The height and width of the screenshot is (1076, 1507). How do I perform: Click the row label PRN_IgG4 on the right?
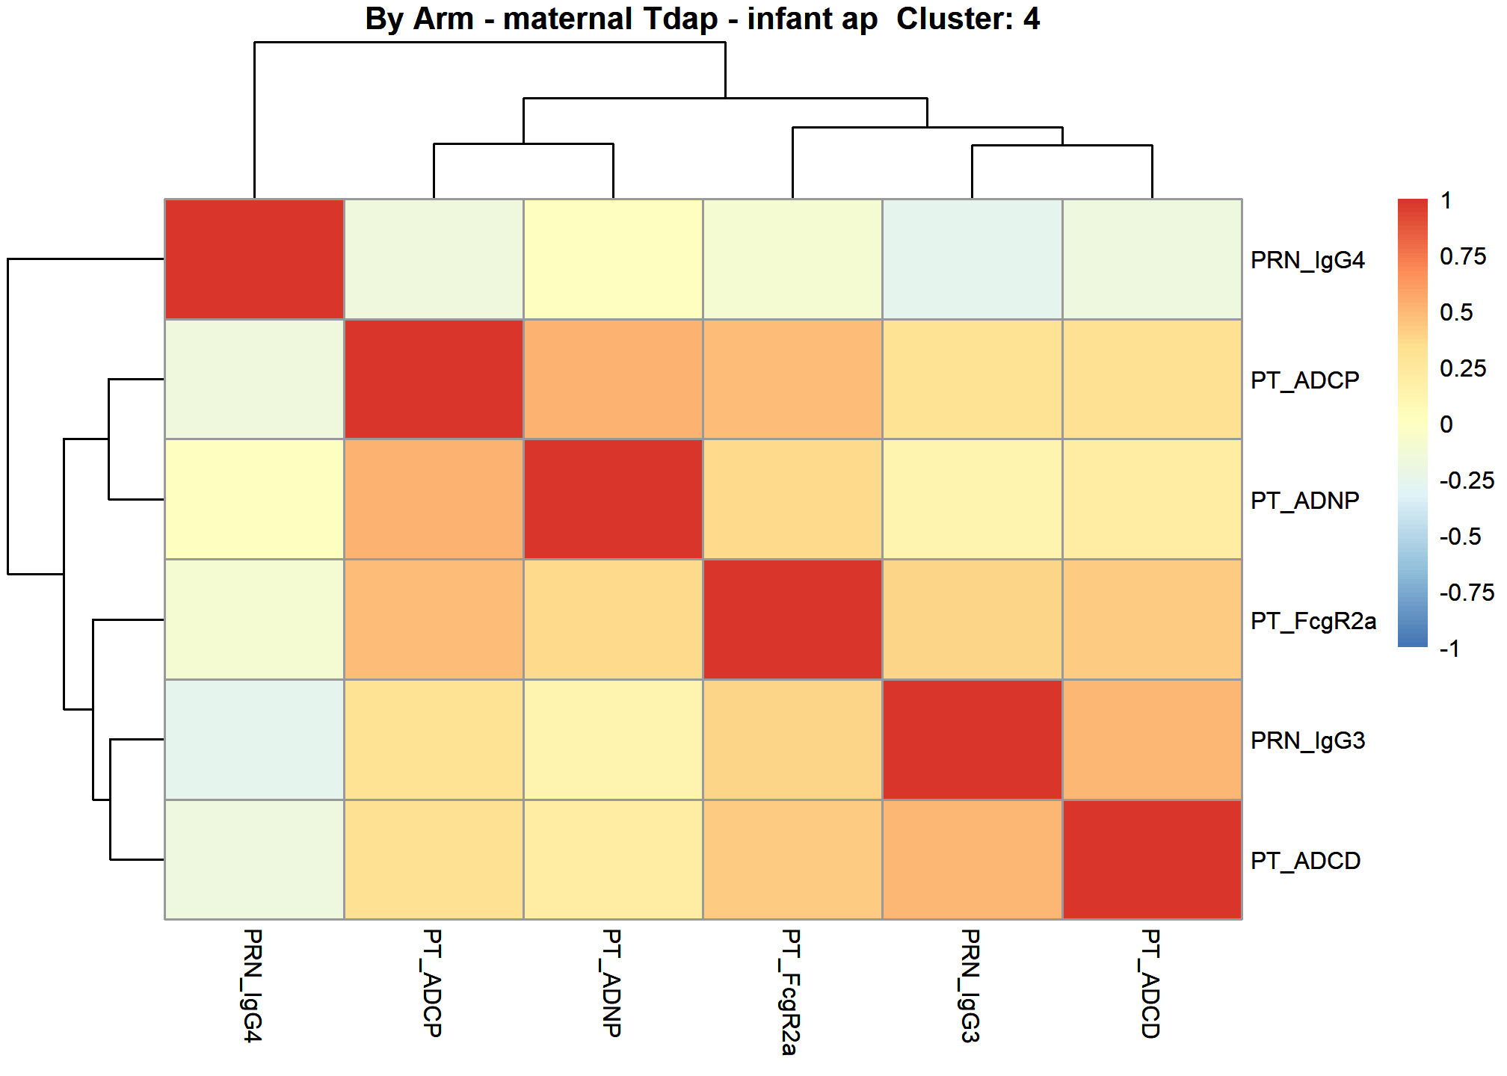pyautogui.click(x=1307, y=260)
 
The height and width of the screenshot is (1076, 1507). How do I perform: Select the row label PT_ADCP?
pyautogui.click(x=1305, y=380)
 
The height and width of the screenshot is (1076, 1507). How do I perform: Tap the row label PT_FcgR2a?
pyautogui.click(x=1313, y=621)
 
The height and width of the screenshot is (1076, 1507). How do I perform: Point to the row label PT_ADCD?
pyautogui.click(x=1305, y=861)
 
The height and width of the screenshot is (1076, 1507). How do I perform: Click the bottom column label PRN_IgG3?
pyautogui.click(x=970, y=986)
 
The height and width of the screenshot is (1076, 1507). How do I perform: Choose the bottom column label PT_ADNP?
pyautogui.click(x=611, y=983)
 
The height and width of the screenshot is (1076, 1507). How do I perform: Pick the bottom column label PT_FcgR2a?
pyautogui.click(x=791, y=992)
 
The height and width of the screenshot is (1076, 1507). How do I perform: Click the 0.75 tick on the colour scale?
pyautogui.click(x=1463, y=256)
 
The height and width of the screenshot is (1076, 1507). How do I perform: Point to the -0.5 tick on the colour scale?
pyautogui.click(x=1460, y=537)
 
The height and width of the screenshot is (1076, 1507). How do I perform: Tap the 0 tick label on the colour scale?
pyautogui.click(x=1446, y=424)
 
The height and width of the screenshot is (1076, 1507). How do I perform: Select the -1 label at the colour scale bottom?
pyautogui.click(x=1449, y=648)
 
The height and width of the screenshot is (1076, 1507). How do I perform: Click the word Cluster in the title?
pyautogui.click(x=949, y=19)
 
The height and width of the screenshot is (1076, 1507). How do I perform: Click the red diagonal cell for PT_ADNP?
pyautogui.click(x=613, y=499)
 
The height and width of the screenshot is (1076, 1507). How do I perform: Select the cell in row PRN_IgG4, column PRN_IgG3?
pyautogui.click(x=972, y=259)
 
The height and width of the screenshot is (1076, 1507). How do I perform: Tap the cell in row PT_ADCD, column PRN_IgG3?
pyautogui.click(x=972, y=859)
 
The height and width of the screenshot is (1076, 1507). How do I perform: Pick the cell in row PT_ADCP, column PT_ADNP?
pyautogui.click(x=613, y=379)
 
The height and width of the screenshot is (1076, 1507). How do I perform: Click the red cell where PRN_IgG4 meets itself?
pyautogui.click(x=254, y=259)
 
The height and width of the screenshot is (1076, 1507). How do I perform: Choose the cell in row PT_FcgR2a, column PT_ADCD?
pyautogui.click(x=1152, y=619)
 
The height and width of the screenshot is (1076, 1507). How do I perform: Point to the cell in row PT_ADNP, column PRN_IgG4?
pyautogui.click(x=254, y=499)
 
